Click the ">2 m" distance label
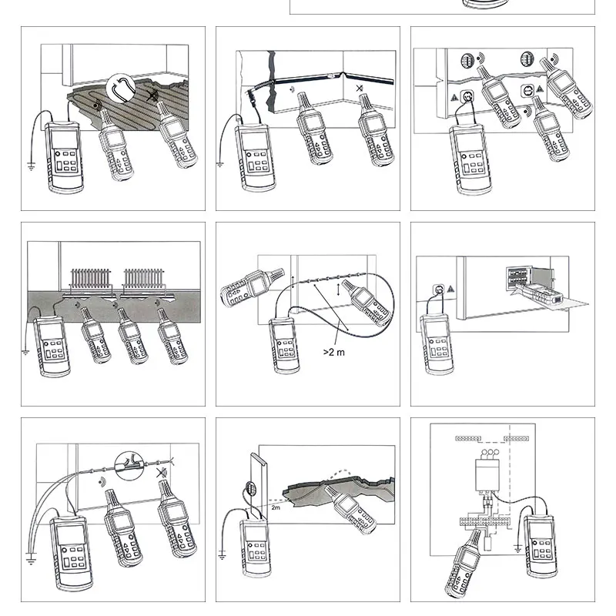coord(333,353)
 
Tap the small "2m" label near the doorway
coord(276,507)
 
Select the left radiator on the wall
coord(90,279)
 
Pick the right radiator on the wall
coord(143,279)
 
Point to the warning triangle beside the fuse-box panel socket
coord(450,289)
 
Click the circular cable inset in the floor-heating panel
coord(121,87)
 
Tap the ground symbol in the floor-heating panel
coord(32,166)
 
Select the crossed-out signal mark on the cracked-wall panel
coord(360,89)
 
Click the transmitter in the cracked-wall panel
coord(256,157)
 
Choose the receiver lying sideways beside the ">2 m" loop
coord(252,286)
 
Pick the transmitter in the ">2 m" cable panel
coord(284,346)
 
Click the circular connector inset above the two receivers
coord(129,466)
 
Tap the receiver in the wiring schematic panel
coord(464,564)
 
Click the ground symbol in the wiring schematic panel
coord(517,548)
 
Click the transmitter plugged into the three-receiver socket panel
coord(470,160)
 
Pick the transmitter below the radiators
coord(52,346)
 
